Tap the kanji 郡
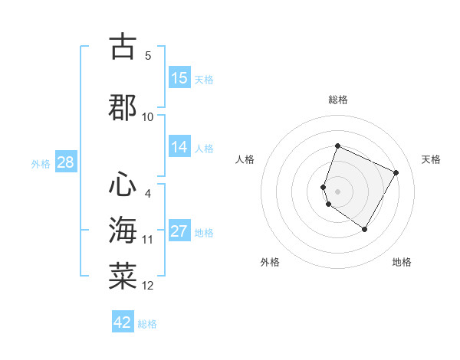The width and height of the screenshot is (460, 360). point(123,106)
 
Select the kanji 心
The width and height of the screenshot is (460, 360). point(123,183)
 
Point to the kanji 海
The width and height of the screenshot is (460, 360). point(123,230)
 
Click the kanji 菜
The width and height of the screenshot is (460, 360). point(123,275)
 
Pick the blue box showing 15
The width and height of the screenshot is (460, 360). point(179,78)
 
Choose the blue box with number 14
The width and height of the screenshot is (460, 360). point(179,148)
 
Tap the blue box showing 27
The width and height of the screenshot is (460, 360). point(179,232)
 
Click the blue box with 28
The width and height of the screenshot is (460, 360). point(65,162)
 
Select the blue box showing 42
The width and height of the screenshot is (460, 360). point(123,322)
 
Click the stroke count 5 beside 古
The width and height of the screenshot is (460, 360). point(148,55)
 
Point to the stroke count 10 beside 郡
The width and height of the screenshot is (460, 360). point(148,117)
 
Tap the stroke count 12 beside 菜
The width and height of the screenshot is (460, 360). point(148,286)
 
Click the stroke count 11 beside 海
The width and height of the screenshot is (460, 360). point(148,240)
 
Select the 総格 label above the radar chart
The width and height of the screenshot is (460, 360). point(338,100)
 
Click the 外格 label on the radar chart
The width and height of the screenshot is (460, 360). point(269,262)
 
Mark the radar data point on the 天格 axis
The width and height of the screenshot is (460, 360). point(396,172)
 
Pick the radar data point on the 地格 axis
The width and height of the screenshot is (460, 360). point(365,229)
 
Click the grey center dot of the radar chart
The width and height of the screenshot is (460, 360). point(338,191)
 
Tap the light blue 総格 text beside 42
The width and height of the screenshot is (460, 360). point(148,324)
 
